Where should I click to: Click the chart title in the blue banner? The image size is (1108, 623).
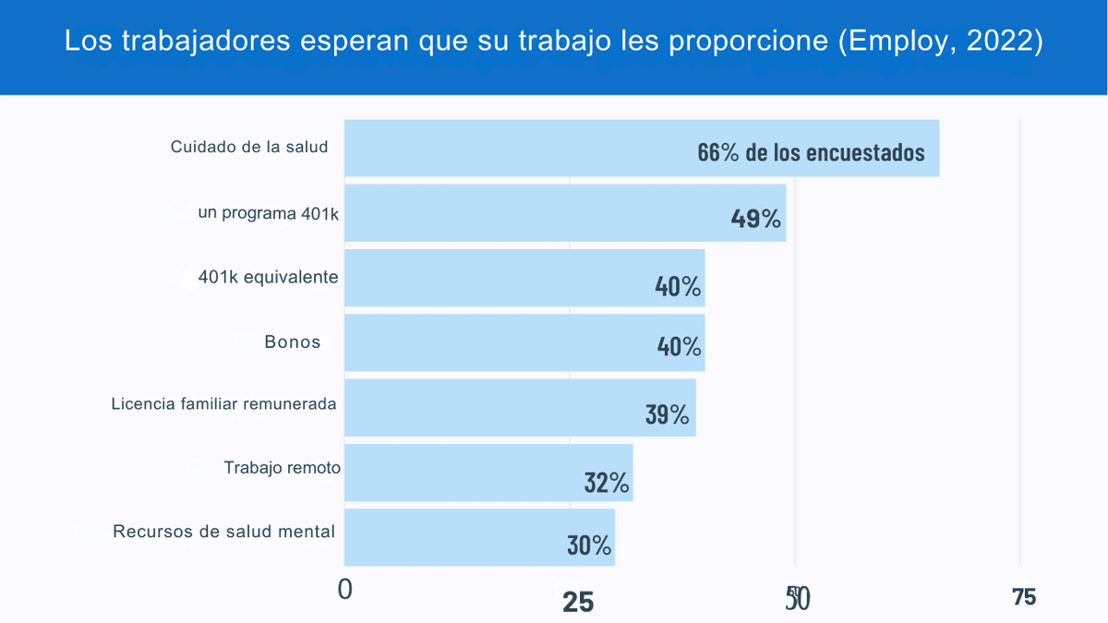point(554,42)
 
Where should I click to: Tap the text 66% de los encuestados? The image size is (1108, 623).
point(811,152)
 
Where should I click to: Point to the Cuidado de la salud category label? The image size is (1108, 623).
point(249,147)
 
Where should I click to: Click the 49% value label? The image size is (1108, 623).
point(755,219)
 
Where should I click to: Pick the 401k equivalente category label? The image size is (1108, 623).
point(268,277)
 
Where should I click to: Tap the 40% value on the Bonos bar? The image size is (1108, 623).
point(679,346)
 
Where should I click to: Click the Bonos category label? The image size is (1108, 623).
point(293,341)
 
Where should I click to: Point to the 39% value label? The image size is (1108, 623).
point(667,414)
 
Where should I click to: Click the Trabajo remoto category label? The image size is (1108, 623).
point(282,468)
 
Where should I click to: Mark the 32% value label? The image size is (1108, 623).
point(606,482)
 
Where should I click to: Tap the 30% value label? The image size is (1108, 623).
point(589,545)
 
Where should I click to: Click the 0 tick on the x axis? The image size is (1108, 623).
point(345,590)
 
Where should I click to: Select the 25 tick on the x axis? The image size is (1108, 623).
point(578,602)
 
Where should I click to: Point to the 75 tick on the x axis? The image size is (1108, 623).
point(1024,597)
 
